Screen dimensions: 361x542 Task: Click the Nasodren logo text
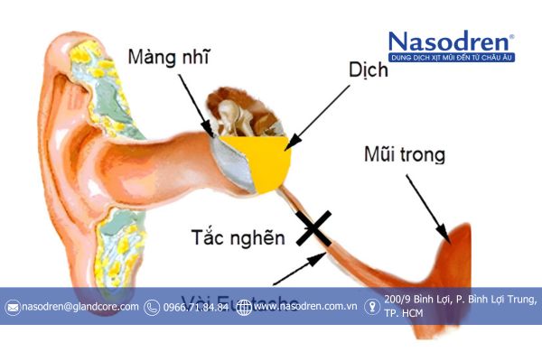click(451, 42)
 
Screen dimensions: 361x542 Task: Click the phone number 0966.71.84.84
click(195, 307)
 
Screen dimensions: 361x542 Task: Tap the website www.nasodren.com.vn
click(304, 307)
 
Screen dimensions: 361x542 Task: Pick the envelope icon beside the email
click(13, 308)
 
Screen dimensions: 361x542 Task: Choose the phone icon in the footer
click(152, 308)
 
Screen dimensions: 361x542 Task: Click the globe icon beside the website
click(243, 308)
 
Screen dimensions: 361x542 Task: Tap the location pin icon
click(371, 307)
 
